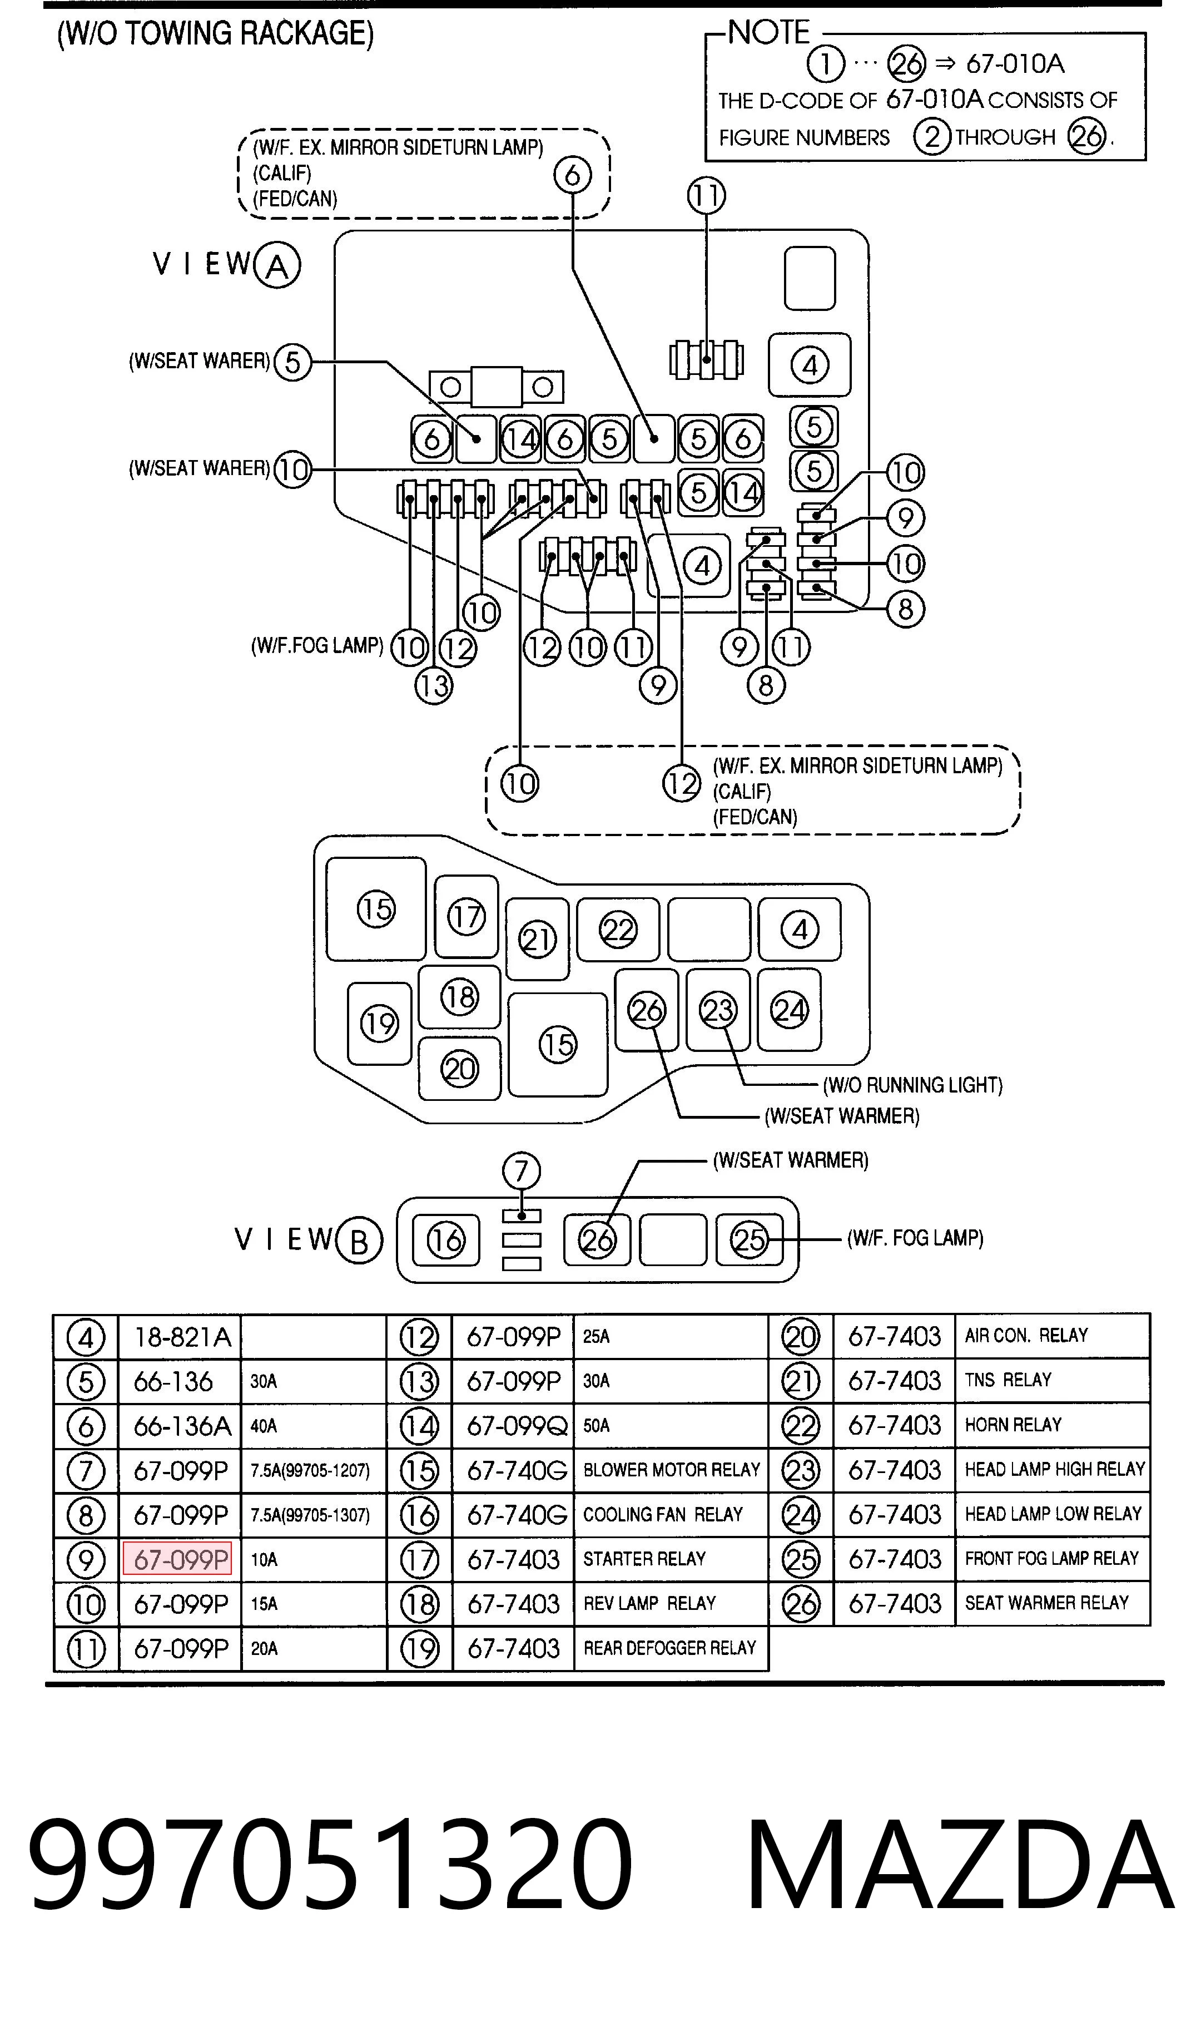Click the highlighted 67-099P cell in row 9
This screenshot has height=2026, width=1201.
tap(177, 1558)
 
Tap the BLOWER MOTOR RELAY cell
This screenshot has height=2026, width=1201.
tap(671, 1469)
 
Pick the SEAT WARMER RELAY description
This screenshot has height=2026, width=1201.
tap(1046, 1602)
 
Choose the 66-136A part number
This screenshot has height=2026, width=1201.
tap(182, 1425)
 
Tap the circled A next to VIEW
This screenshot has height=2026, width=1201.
tap(277, 265)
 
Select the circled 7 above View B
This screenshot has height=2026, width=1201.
tap(521, 1170)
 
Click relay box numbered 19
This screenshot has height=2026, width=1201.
tap(380, 1023)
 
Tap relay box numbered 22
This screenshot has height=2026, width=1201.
tap(618, 929)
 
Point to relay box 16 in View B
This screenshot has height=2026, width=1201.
tap(446, 1239)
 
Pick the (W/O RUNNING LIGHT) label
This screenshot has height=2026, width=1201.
tap(912, 1085)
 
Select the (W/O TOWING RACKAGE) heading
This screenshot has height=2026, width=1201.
tap(215, 34)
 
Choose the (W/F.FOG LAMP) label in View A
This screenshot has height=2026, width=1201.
tap(317, 645)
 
